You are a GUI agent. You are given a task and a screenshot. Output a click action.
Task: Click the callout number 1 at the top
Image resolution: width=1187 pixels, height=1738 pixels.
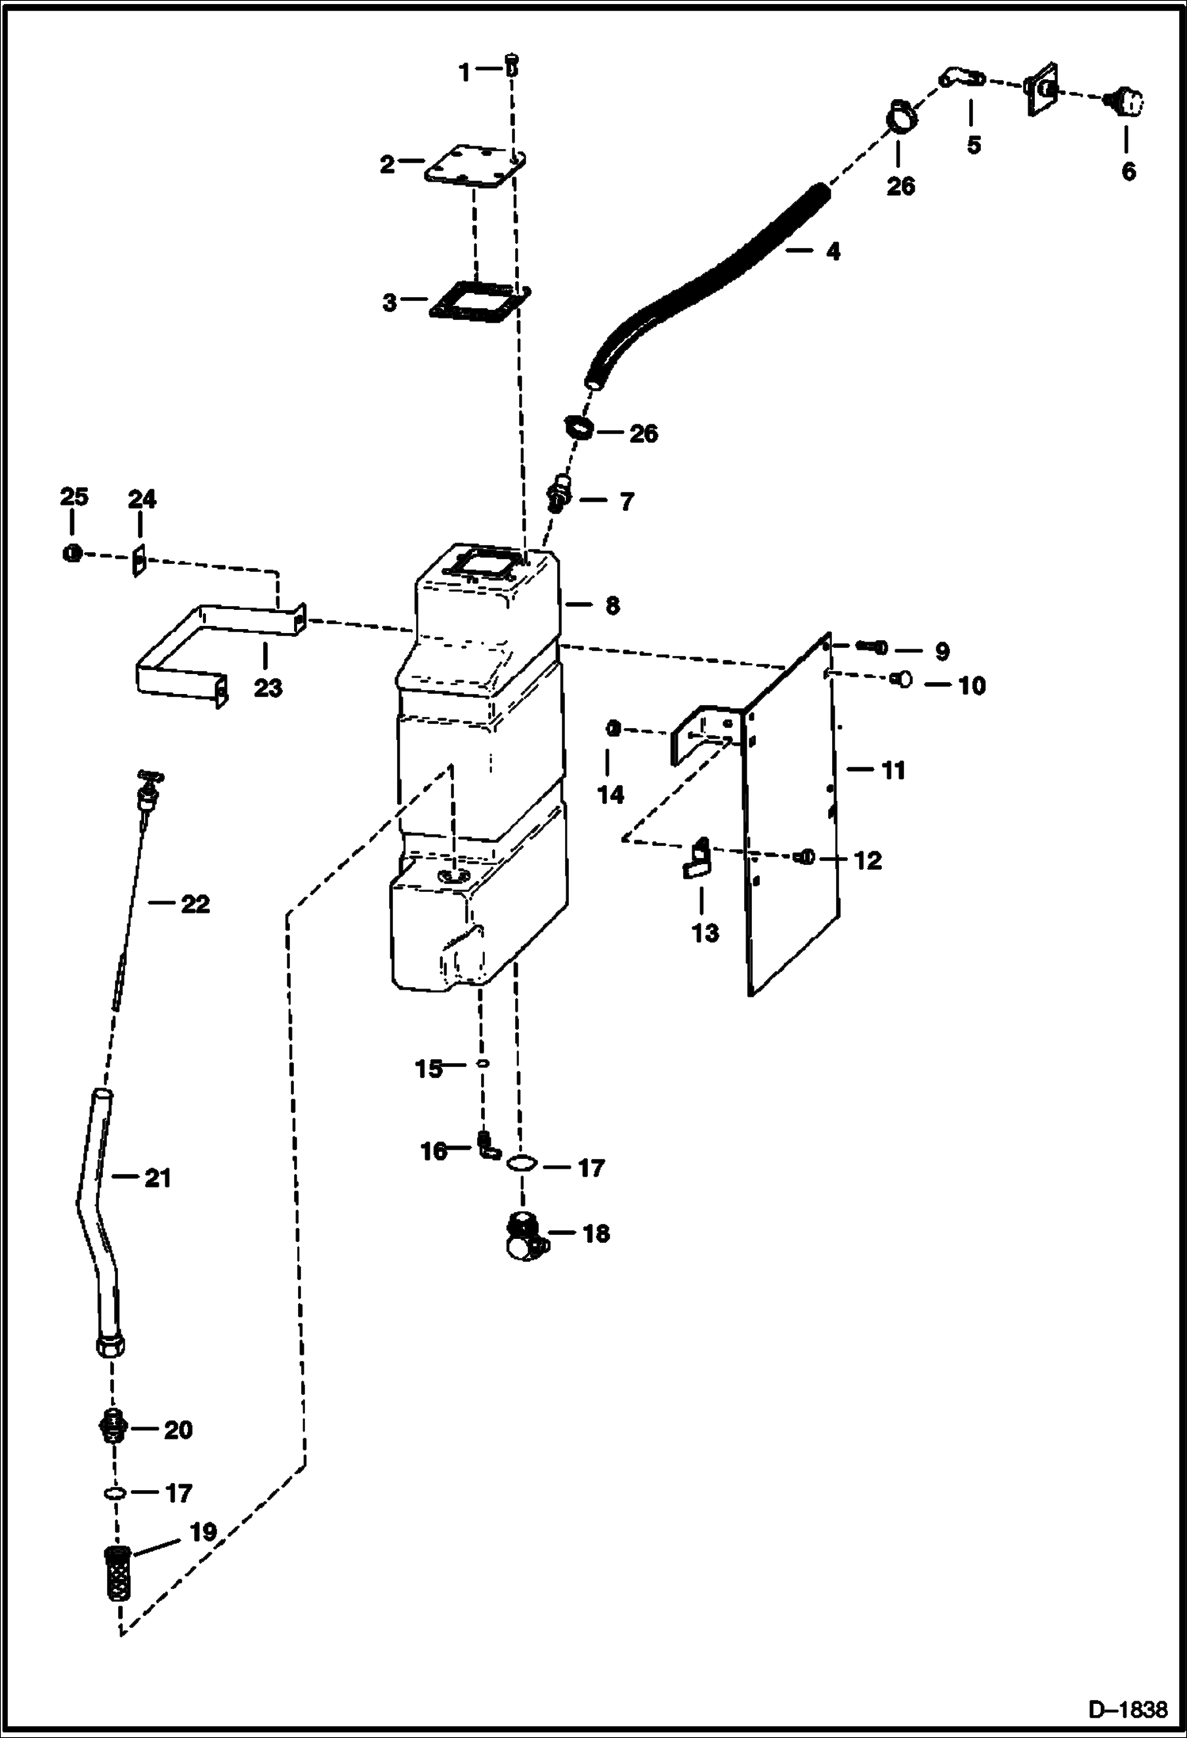(x=464, y=73)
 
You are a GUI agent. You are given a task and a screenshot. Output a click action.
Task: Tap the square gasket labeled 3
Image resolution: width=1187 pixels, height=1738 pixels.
(x=479, y=301)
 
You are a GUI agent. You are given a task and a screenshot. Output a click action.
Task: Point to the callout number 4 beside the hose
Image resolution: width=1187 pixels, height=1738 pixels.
(x=832, y=252)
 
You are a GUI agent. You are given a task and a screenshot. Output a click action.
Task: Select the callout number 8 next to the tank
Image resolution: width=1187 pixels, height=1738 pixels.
(x=612, y=606)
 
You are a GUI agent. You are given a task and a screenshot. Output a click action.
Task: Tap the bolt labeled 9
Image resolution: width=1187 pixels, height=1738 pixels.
(x=872, y=647)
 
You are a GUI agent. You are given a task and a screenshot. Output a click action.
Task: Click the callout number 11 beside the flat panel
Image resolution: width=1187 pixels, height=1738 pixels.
(x=894, y=770)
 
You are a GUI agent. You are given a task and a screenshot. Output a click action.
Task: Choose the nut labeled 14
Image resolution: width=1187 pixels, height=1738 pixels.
(x=613, y=729)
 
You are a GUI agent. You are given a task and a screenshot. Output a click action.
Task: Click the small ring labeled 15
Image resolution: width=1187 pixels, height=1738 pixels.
(x=482, y=1065)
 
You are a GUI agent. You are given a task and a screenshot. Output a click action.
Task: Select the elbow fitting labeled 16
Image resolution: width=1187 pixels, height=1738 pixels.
(x=487, y=1145)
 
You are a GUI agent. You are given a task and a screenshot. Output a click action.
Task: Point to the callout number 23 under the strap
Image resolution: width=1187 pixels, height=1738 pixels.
(x=268, y=688)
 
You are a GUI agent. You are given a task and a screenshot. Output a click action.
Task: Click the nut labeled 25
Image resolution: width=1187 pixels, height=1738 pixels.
(x=71, y=554)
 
